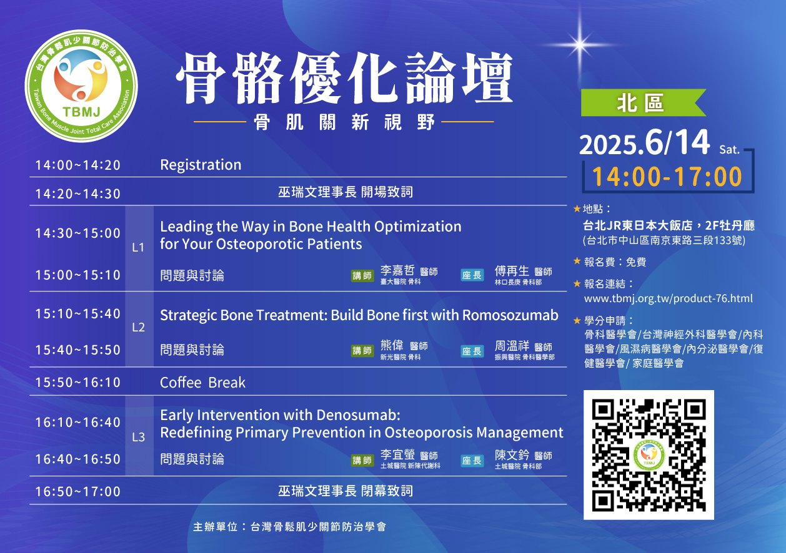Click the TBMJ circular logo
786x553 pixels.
pos(81,86)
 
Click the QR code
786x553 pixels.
pos(649,454)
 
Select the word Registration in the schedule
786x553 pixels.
pos(201,165)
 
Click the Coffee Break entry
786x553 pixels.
pos(203,383)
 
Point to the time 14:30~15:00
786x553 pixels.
pos(78,233)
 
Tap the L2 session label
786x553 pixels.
pos(138,328)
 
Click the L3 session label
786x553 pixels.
pos(138,437)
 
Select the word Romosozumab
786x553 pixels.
pos(510,315)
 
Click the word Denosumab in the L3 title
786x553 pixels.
pos(358,415)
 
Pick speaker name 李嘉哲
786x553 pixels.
pos(397,270)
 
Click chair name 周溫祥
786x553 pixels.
pos(512,346)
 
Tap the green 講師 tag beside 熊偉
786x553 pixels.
pos(362,351)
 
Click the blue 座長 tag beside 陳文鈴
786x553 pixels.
pos(472,461)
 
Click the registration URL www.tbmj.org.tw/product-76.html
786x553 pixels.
pos(668,298)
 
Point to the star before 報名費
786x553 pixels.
pos(577,261)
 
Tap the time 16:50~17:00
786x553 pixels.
pos(78,492)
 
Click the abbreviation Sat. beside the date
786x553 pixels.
pos(729,150)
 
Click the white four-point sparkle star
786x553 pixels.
pos(580,44)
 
